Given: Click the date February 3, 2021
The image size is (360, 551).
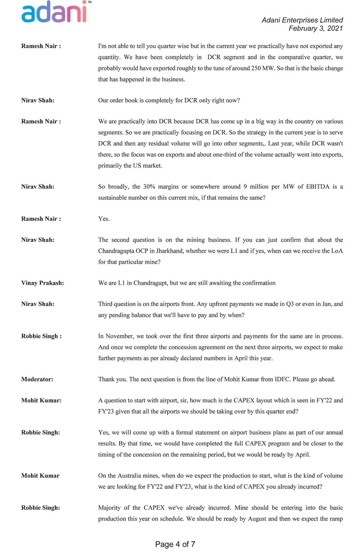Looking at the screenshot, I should pos(316,28).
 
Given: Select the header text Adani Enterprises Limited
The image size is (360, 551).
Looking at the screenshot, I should pos(302,20).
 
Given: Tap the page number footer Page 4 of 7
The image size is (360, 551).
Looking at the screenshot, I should pos(175,544).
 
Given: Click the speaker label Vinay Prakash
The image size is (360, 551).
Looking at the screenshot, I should pos(42,283).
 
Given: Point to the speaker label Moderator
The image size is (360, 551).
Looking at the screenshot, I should pos(37,379).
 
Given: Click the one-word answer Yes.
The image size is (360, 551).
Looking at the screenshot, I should pos(104,219).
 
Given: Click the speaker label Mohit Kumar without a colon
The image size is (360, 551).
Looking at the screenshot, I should pos(40,476).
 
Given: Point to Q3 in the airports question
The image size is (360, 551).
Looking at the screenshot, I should pos(290,304).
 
